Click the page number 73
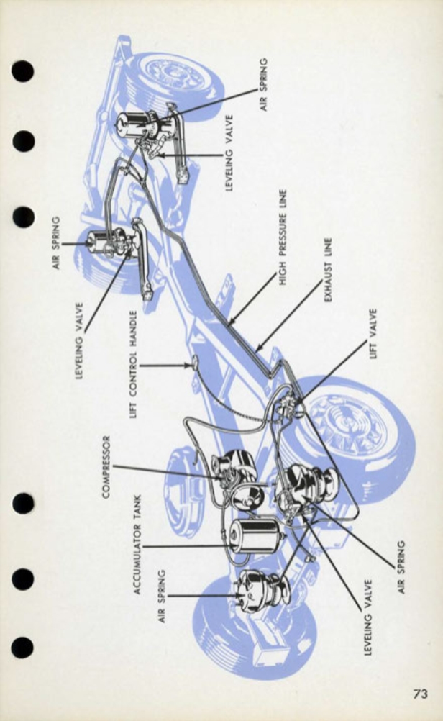pyautogui.click(x=420, y=694)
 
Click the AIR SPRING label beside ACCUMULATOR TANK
pyautogui.click(x=163, y=597)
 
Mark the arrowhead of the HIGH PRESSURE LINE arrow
pyautogui.click(x=230, y=321)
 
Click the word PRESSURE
pyautogui.click(x=283, y=233)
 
